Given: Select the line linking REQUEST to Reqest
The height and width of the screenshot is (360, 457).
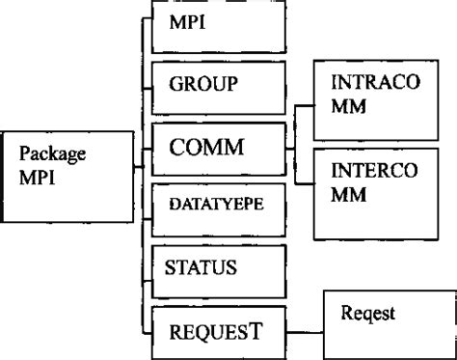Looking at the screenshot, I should point(306,328).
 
